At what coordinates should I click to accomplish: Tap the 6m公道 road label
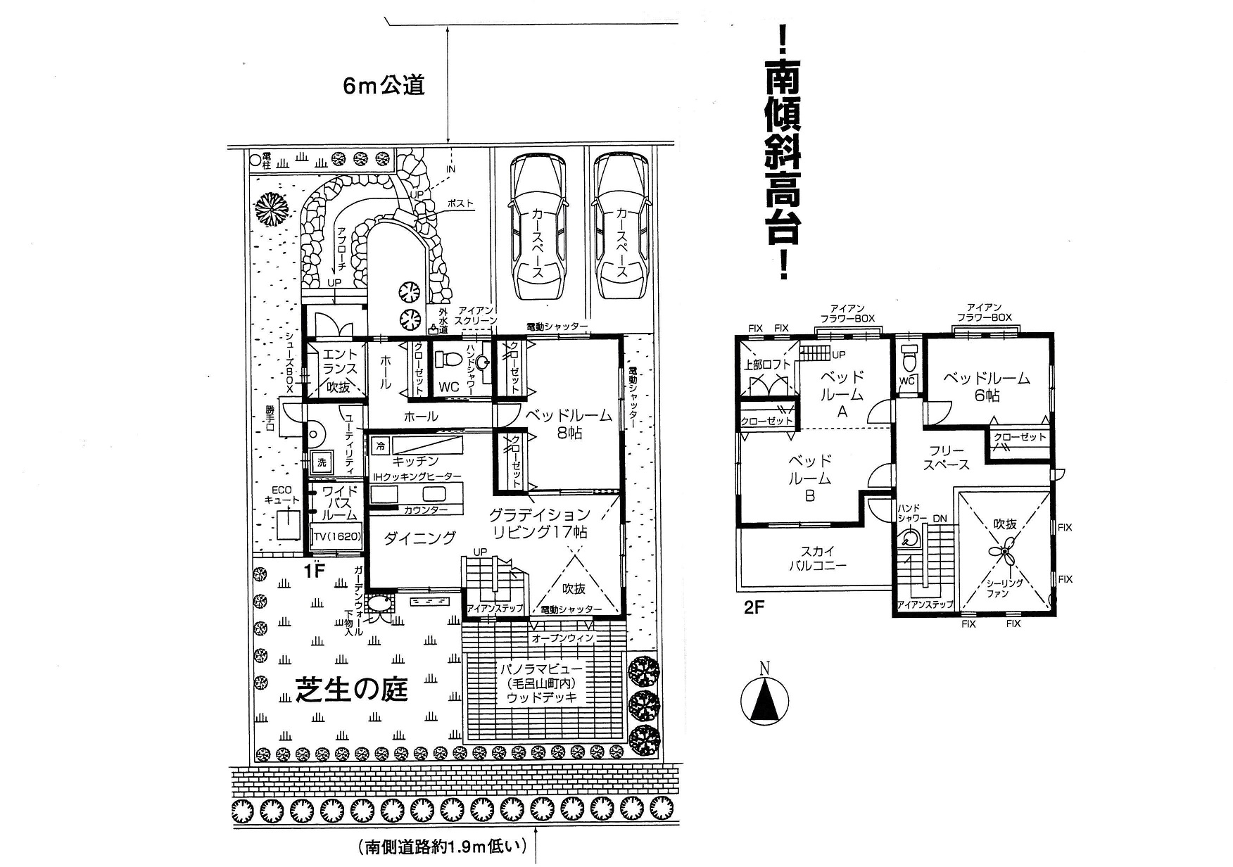pyautogui.click(x=384, y=86)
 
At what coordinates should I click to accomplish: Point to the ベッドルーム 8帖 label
pyautogui.click(x=569, y=424)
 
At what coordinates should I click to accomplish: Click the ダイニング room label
pyautogui.click(x=420, y=538)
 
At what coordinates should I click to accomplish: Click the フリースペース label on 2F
pyautogui.click(x=946, y=457)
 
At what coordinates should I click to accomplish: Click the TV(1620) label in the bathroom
pyautogui.click(x=337, y=537)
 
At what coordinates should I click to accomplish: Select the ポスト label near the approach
pyautogui.click(x=460, y=204)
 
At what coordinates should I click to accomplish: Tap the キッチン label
pyautogui.click(x=415, y=461)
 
